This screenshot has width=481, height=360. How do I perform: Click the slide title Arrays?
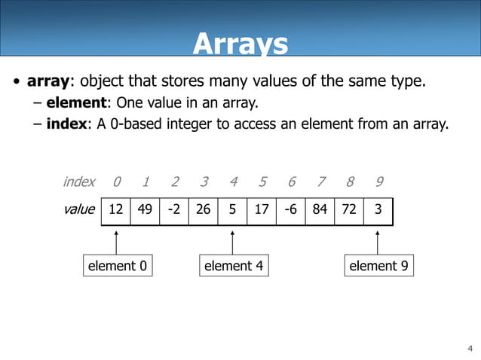point(240,44)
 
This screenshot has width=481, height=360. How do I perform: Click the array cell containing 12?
point(116,210)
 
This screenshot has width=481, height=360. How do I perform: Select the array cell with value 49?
point(145,210)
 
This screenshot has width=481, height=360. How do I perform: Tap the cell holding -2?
point(174,210)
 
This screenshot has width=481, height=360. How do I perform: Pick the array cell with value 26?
point(204,210)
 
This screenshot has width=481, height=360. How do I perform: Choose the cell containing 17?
point(262,210)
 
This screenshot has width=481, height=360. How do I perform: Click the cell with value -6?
point(291,210)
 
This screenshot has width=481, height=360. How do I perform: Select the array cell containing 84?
point(320,210)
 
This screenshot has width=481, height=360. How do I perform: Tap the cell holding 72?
point(349,210)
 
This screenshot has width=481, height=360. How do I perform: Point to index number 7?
point(321,182)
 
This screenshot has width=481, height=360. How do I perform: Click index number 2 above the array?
point(175,182)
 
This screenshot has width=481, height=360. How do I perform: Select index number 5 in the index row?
point(262,182)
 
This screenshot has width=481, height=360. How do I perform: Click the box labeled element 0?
point(118,266)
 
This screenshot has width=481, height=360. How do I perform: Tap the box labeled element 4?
point(234,266)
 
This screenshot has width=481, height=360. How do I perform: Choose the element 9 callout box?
point(379,266)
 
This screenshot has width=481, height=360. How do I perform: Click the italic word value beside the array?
point(79,210)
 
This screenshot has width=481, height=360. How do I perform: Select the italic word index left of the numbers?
point(79,182)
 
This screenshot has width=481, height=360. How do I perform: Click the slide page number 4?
point(470,348)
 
